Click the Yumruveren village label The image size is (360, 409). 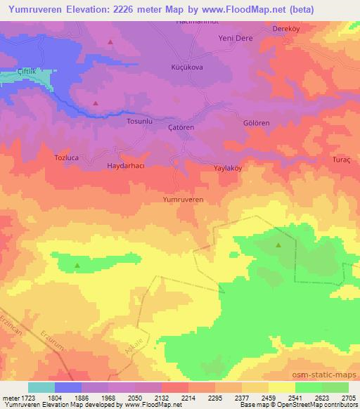(183, 200)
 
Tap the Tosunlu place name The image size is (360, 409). (139, 122)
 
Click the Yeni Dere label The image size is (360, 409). (235, 38)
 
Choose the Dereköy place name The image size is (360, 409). (286, 30)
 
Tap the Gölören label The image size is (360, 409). (256, 123)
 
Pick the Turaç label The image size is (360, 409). (341, 160)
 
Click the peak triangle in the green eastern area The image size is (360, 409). (279, 245)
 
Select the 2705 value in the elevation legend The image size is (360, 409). (348, 398)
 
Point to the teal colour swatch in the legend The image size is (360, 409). (41, 387)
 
